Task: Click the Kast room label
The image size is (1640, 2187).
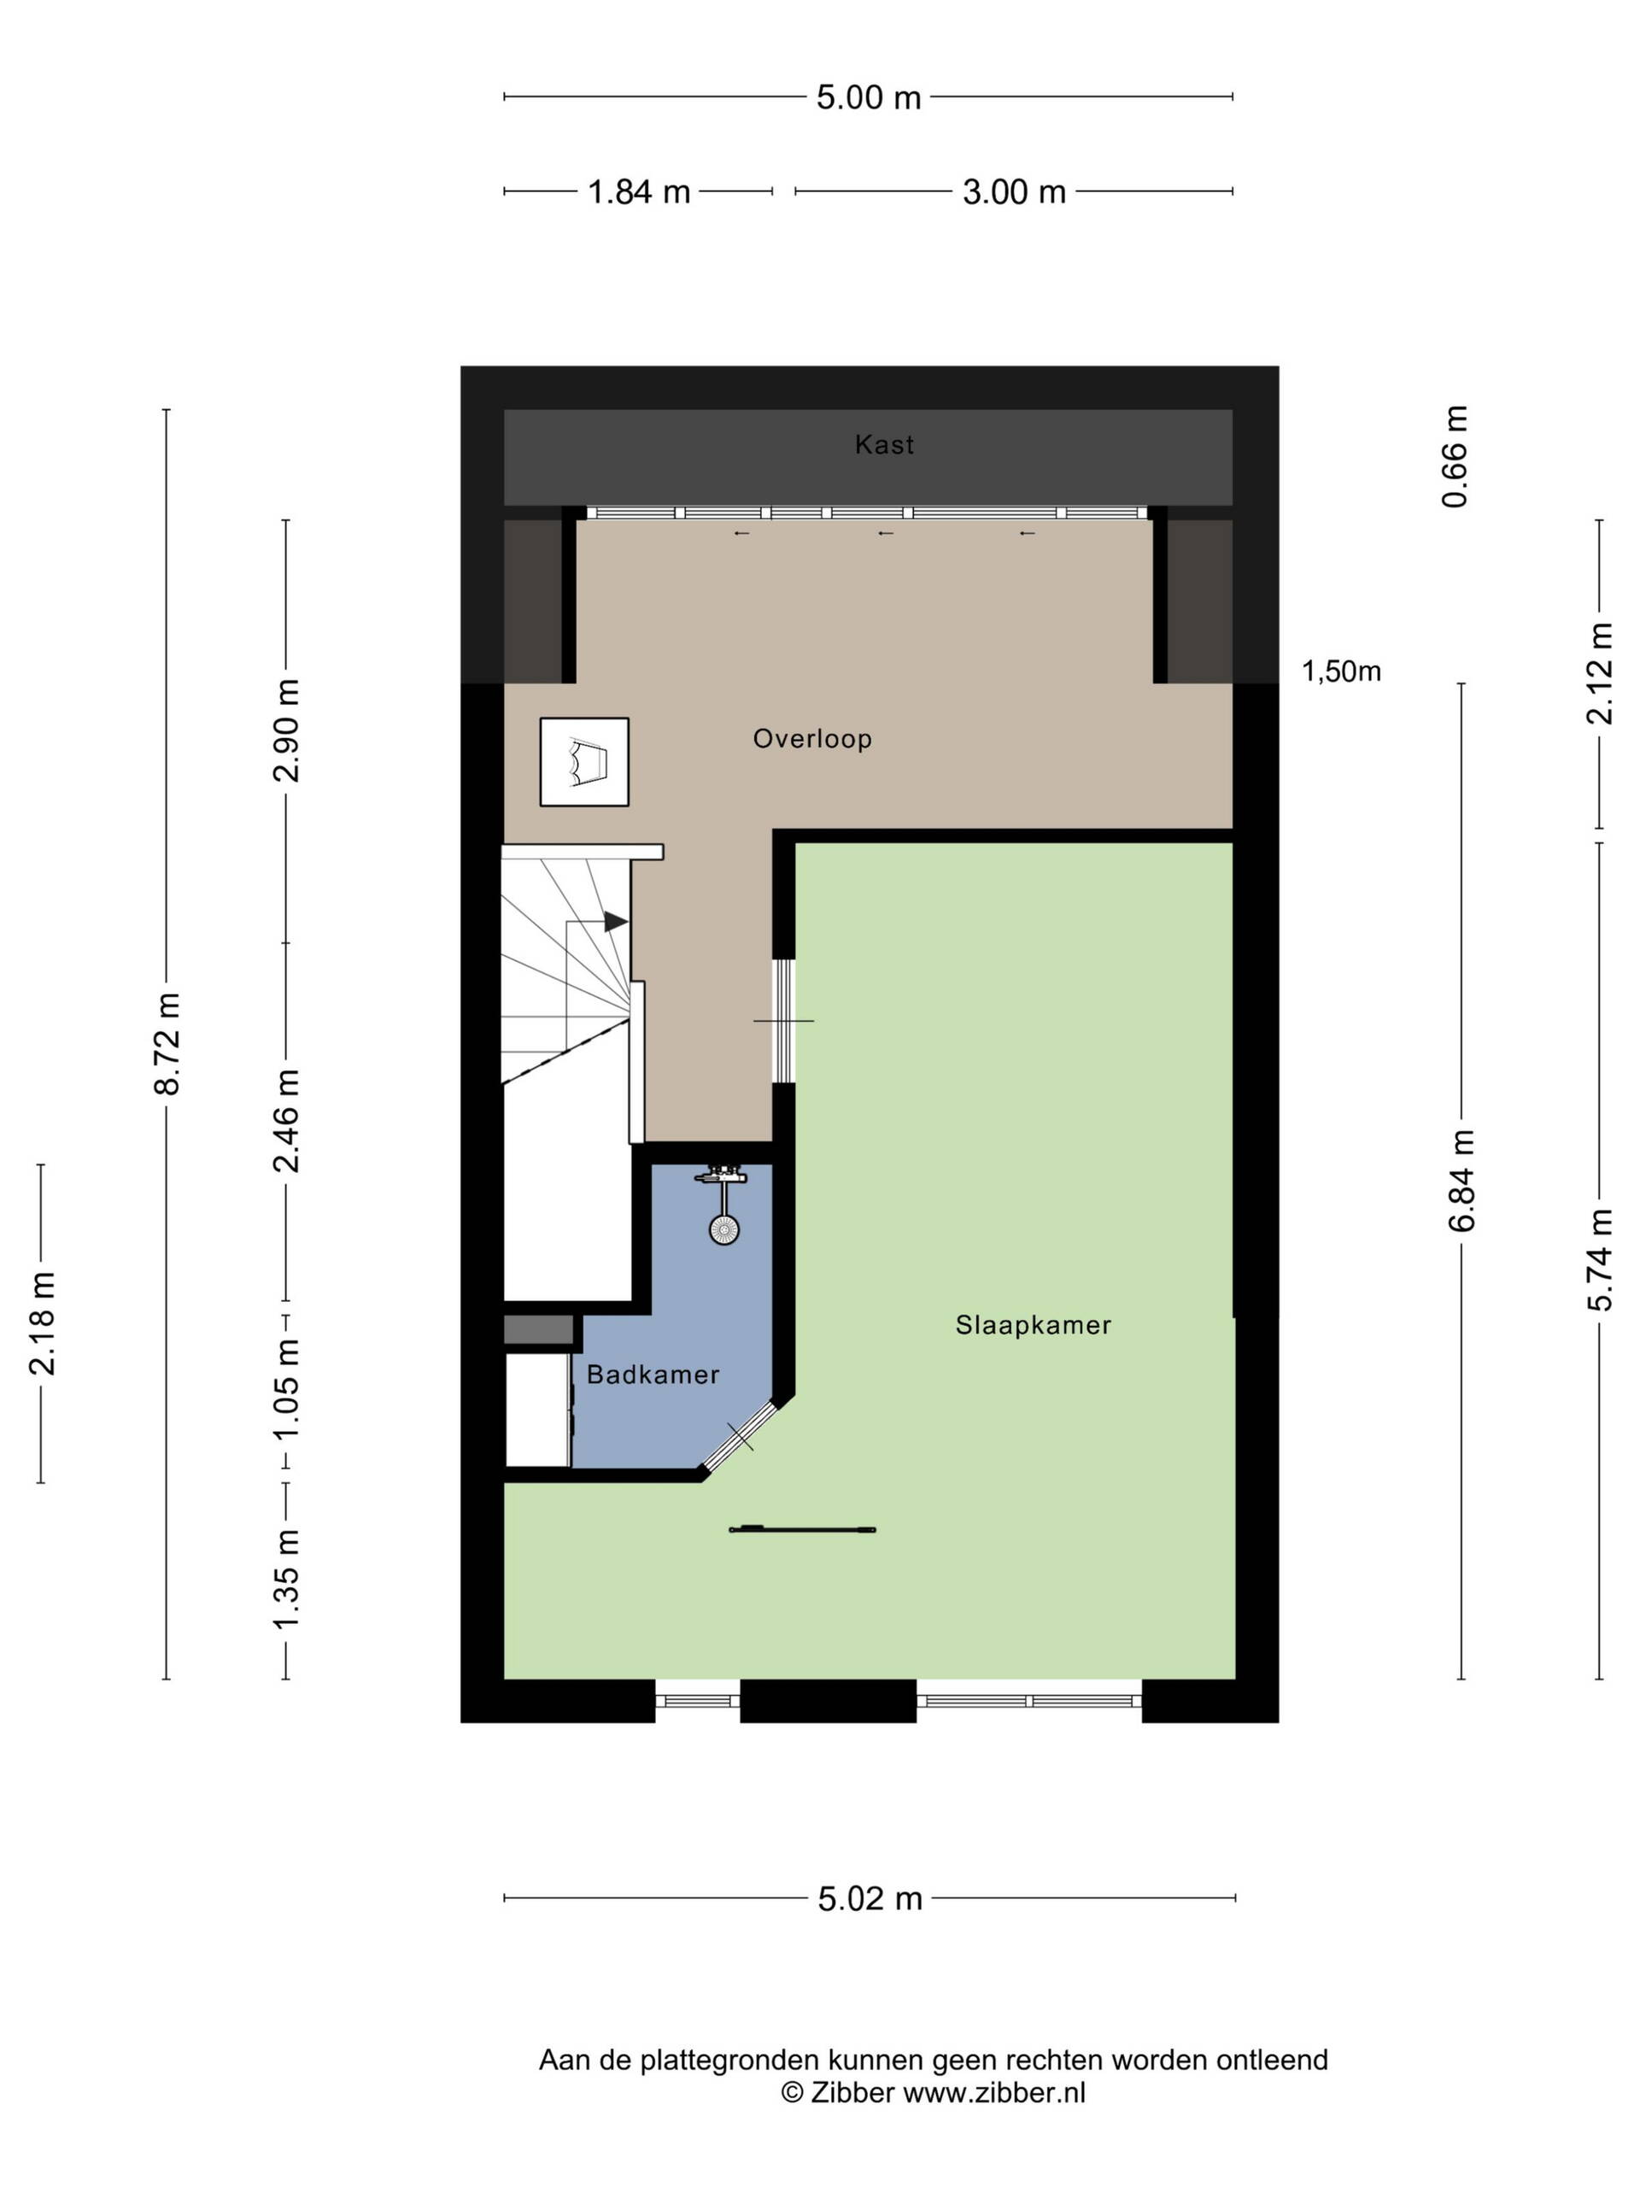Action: pyautogui.click(x=884, y=445)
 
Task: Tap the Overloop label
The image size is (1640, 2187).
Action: pyautogui.click(x=812, y=739)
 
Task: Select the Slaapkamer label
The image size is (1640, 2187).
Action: pyautogui.click(x=1033, y=1325)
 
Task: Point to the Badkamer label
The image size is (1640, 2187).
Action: pyautogui.click(x=653, y=1375)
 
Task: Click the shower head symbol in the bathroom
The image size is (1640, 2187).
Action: pyautogui.click(x=723, y=1229)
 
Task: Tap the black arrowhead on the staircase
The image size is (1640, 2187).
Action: pyautogui.click(x=616, y=922)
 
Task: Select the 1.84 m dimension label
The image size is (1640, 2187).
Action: pyautogui.click(x=639, y=192)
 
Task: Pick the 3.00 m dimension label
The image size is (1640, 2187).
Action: pyautogui.click(x=1014, y=192)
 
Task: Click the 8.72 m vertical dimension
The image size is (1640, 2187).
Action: pyautogui.click(x=168, y=1044)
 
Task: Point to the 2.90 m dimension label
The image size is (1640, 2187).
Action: pyautogui.click(x=287, y=730)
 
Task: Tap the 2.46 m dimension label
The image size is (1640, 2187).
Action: pyautogui.click(x=287, y=1121)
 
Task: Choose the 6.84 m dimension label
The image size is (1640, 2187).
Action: pyautogui.click(x=1462, y=1181)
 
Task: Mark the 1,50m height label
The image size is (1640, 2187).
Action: pyautogui.click(x=1340, y=671)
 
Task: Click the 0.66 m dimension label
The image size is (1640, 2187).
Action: pyautogui.click(x=1455, y=457)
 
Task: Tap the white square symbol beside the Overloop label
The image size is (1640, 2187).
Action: pyautogui.click(x=584, y=761)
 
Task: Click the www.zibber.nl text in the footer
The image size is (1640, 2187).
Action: pyautogui.click(x=994, y=2091)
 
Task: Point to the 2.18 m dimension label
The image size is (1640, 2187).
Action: pyautogui.click(x=43, y=1324)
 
